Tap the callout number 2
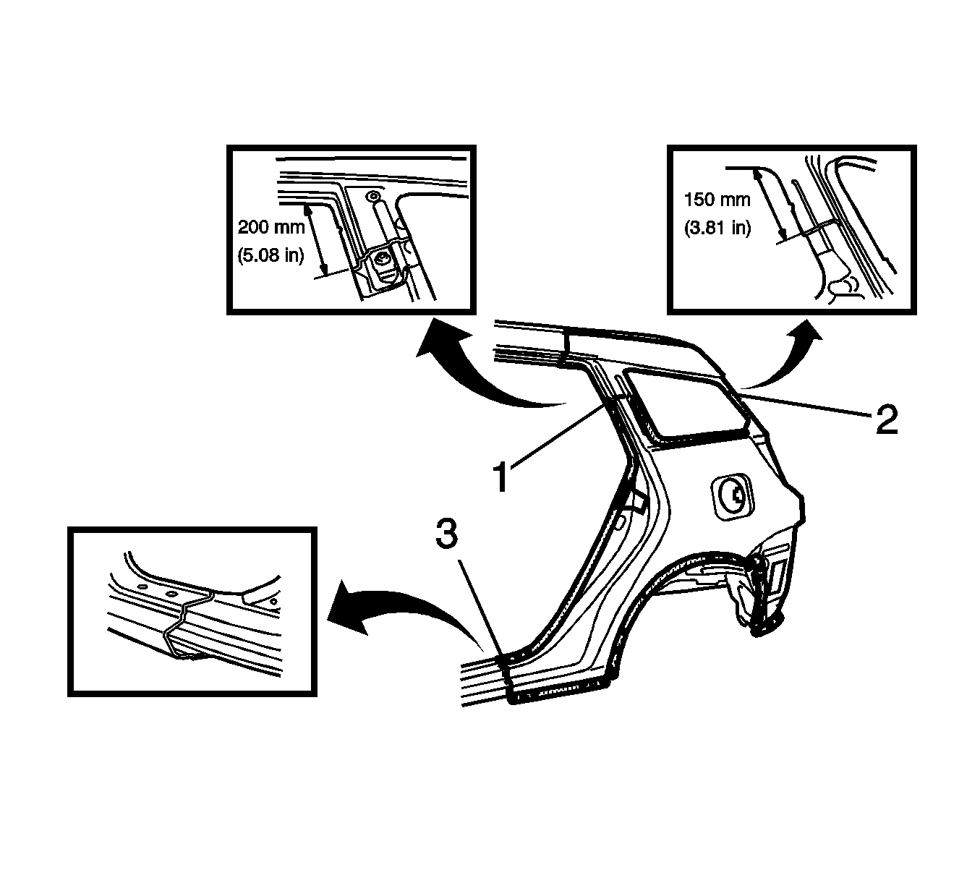coord(887,419)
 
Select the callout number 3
coord(447,533)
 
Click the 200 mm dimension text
coord(271,227)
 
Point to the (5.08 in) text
coord(270,255)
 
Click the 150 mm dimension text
coord(717,200)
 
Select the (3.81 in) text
coord(717,228)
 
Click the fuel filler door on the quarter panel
coord(733,497)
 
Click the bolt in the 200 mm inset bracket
coord(383,261)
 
